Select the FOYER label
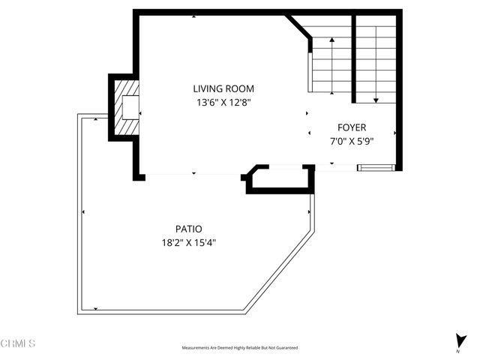pos(352,127)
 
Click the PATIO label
pos(189,229)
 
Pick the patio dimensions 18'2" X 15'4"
pos(189,243)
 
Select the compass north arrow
pos(458,340)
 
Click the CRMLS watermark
pos(19,344)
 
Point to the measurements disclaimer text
pos(239,348)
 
